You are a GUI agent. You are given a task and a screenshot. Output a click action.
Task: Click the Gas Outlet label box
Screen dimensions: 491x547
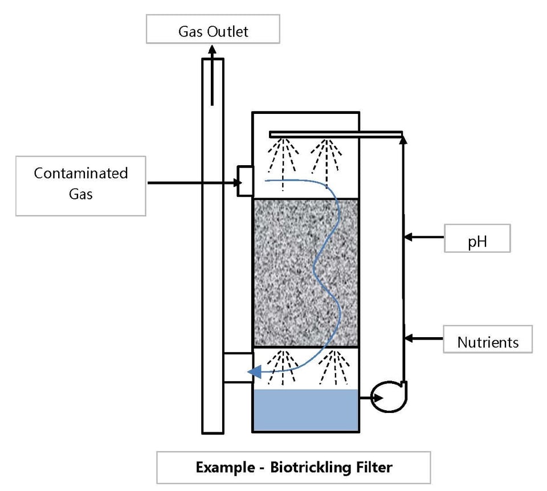[x=213, y=30]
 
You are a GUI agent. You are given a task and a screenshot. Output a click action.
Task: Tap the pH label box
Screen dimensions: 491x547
[x=477, y=239]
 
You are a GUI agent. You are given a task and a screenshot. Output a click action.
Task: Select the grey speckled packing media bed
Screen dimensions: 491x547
[x=305, y=272]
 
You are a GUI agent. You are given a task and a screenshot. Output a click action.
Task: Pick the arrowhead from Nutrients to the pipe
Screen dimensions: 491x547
[x=409, y=338]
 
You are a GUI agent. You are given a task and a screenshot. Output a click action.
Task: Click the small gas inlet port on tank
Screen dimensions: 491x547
[x=245, y=181]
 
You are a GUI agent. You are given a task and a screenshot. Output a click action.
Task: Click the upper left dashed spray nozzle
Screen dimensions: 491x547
[x=283, y=157]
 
